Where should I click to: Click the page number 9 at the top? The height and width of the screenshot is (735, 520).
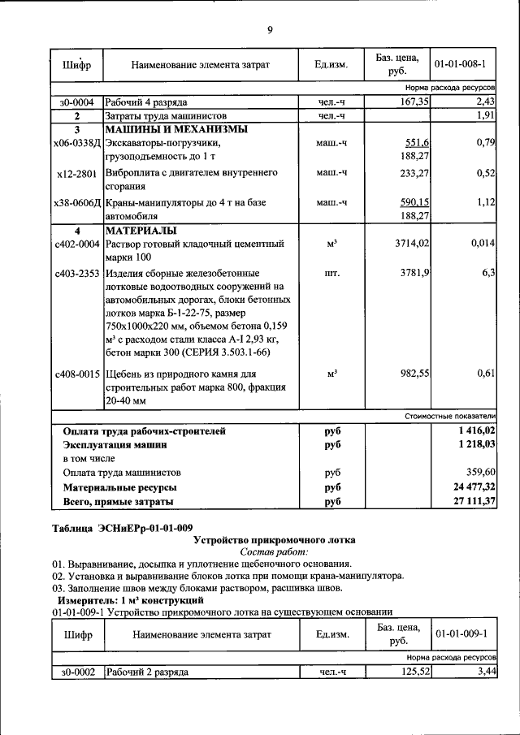pyautogui.click(x=270, y=30)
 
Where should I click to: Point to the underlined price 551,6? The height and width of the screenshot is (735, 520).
pyautogui.click(x=417, y=143)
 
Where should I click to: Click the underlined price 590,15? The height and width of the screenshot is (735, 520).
pyautogui.click(x=414, y=201)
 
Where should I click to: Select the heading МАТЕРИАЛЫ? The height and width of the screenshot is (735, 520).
pyautogui.click(x=141, y=230)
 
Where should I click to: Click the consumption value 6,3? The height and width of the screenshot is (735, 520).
pyautogui.click(x=488, y=273)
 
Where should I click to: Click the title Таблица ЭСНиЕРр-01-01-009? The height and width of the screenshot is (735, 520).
pyautogui.click(x=123, y=528)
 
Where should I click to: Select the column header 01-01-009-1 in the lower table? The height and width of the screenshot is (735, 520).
pyautogui.click(x=461, y=633)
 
